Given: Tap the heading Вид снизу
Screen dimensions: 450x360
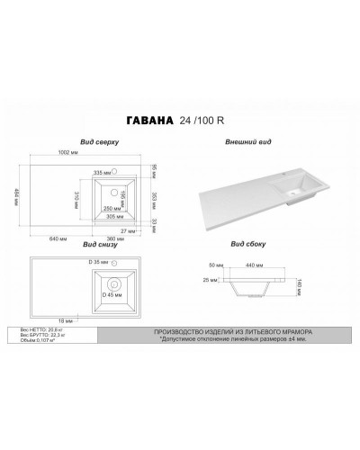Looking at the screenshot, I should coord(98,244).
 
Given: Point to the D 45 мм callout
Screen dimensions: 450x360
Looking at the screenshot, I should coord(112,293).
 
